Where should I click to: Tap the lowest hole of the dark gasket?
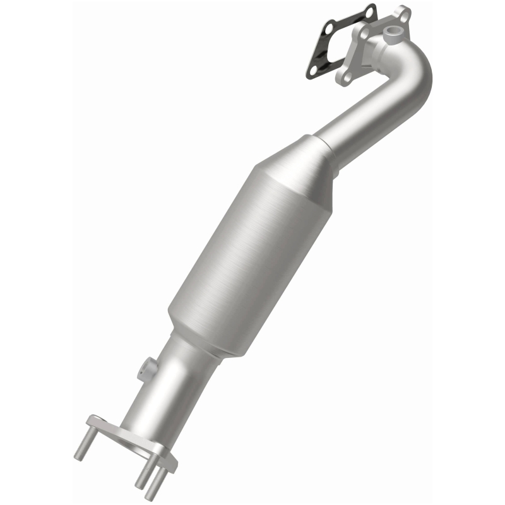(x=313, y=70)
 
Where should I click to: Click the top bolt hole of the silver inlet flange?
(x=404, y=17)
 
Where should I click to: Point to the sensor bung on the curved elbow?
(x=393, y=32)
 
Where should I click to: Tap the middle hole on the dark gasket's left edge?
(x=329, y=28)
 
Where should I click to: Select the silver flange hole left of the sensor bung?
(x=365, y=33)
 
